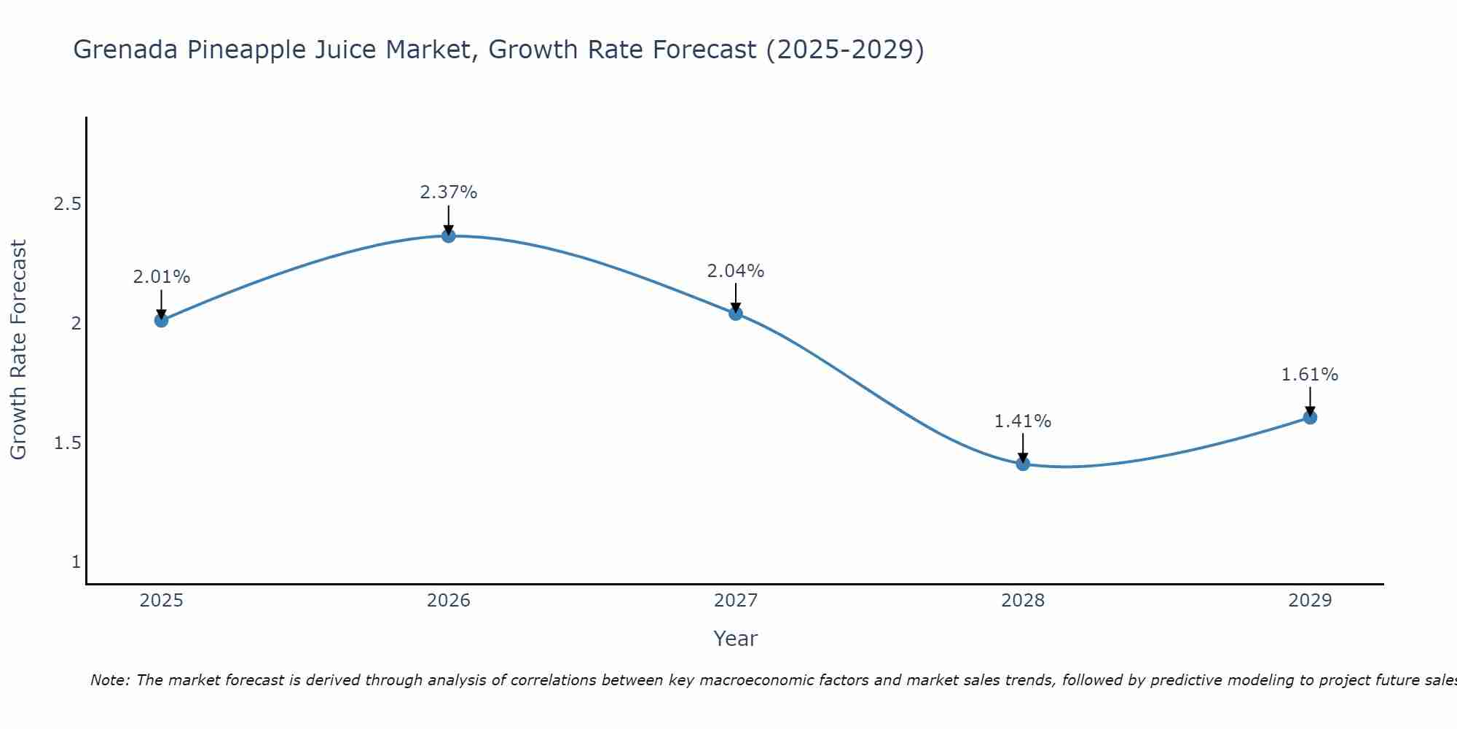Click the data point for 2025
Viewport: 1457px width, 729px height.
pyautogui.click(x=162, y=320)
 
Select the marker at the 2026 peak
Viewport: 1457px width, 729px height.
pyautogui.click(x=449, y=235)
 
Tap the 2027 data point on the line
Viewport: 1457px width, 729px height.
pyautogui.click(x=736, y=313)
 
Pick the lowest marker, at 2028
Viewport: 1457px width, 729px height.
pyautogui.click(x=1023, y=464)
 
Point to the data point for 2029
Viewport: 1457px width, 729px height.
pyautogui.click(x=1310, y=418)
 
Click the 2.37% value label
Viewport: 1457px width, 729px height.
pyautogui.click(x=449, y=192)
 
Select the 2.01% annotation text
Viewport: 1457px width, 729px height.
pyautogui.click(x=162, y=277)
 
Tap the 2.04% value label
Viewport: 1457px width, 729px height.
pyautogui.click(x=736, y=271)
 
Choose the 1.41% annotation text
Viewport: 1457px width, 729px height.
pyautogui.click(x=1023, y=421)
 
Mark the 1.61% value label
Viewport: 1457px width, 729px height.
pyautogui.click(x=1310, y=375)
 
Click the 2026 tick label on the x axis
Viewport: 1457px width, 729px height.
pyautogui.click(x=449, y=601)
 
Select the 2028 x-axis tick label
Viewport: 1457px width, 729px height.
pyautogui.click(x=1023, y=601)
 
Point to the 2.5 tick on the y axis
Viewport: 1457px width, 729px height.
pyautogui.click(x=68, y=204)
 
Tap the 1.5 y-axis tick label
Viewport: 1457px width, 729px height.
pyautogui.click(x=68, y=443)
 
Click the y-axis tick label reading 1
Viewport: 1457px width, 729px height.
pyautogui.click(x=76, y=562)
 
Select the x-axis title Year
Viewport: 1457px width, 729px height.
pyautogui.click(x=736, y=639)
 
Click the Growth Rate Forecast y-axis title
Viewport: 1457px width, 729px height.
pyautogui.click(x=18, y=349)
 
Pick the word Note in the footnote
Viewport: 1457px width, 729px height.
pyautogui.click(x=109, y=680)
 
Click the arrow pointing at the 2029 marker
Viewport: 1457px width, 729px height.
pyautogui.click(x=1310, y=400)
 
